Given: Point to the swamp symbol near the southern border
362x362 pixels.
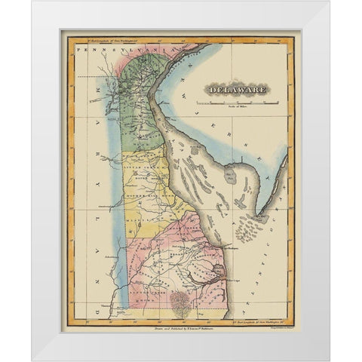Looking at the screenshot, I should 180,302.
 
